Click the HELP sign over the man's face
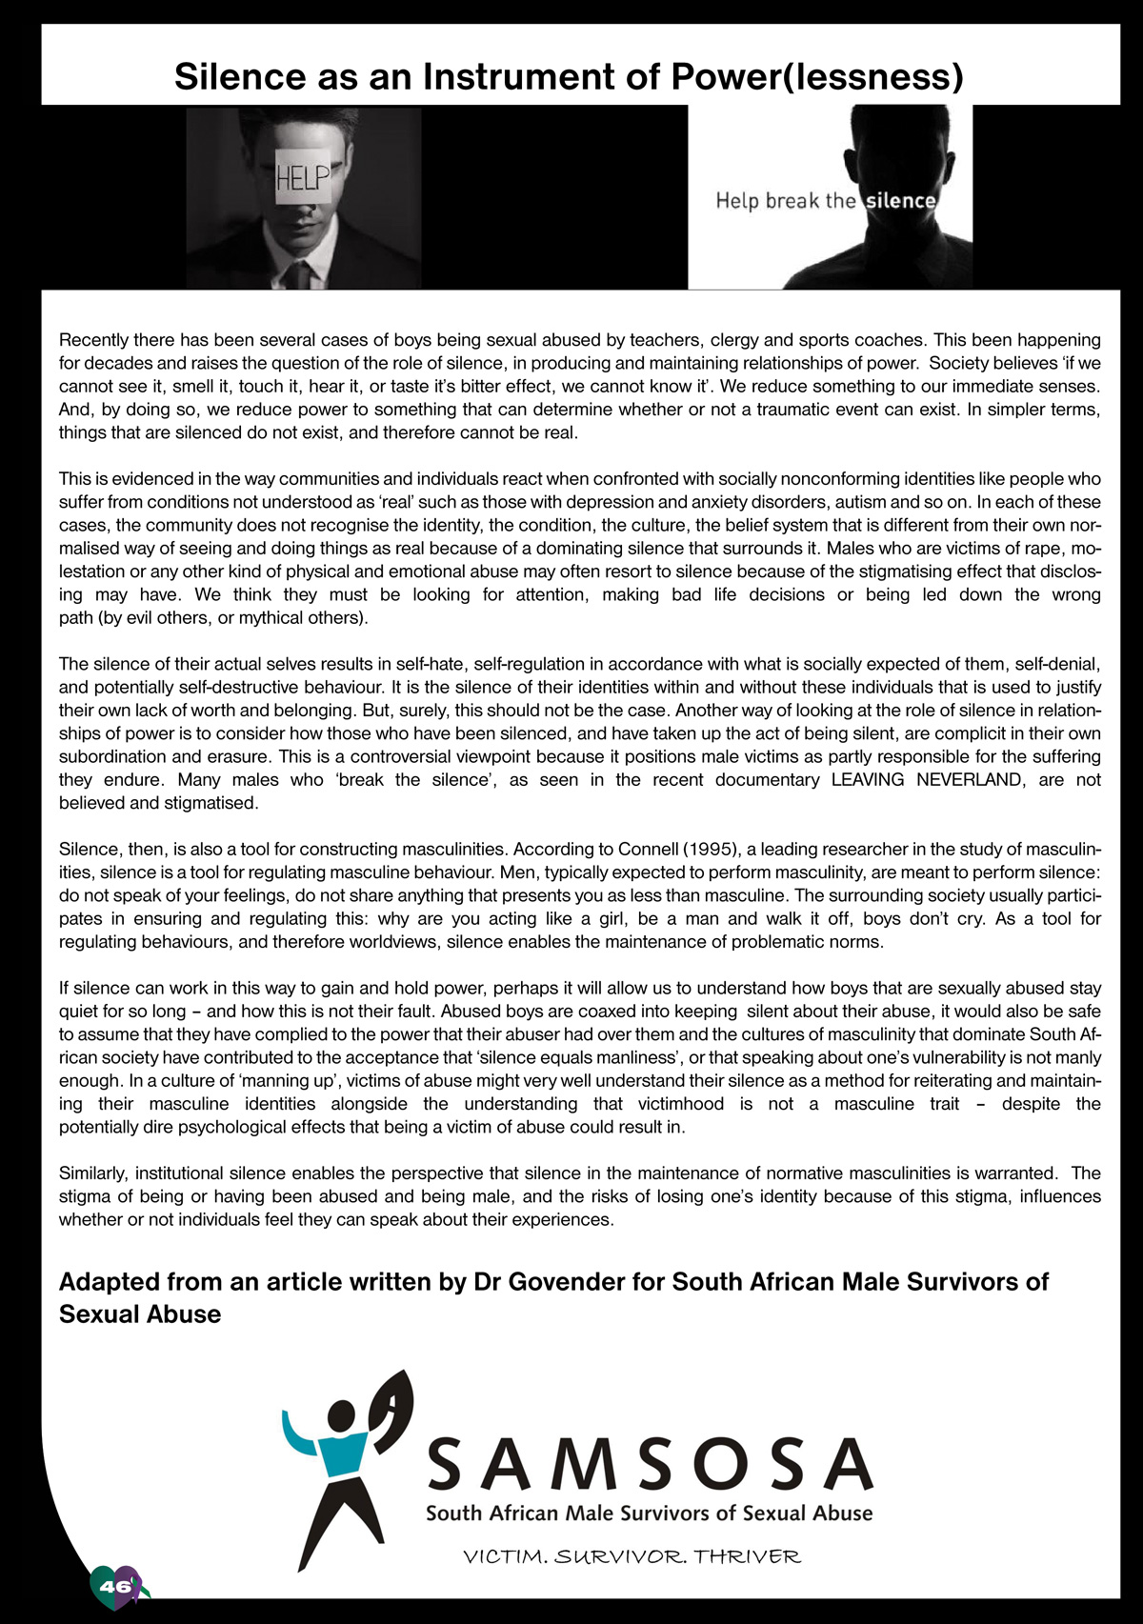tap(302, 177)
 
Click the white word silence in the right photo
tap(900, 201)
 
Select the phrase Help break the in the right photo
tap(786, 201)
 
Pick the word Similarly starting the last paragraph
tap(94, 1173)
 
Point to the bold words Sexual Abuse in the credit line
tap(140, 1314)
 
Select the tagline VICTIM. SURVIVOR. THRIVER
tap(632, 1557)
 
